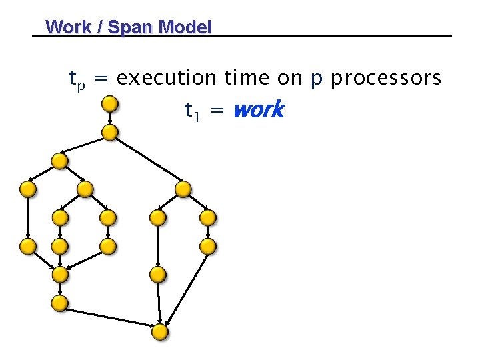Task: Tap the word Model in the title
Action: tap(185, 27)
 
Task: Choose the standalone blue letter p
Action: tap(317, 80)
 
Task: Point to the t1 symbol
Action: tap(192, 110)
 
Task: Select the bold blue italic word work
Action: tap(259, 109)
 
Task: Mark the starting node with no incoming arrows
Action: tap(111, 103)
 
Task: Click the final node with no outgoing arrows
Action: tap(160, 331)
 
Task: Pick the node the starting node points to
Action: tap(111, 132)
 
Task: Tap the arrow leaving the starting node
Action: tap(111, 118)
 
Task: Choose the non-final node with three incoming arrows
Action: tap(60, 274)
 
